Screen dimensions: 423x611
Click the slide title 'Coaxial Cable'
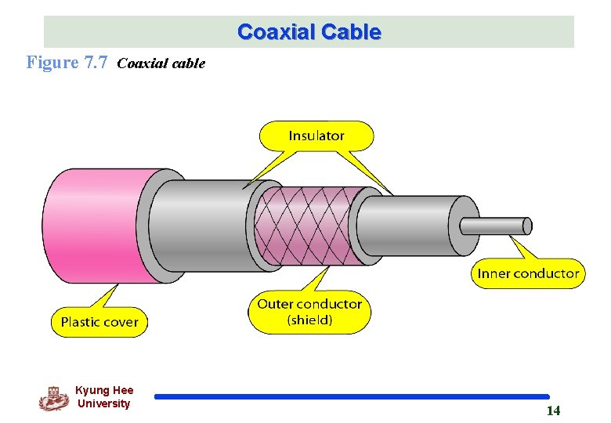[x=309, y=32]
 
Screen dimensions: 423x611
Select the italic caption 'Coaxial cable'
[x=161, y=63]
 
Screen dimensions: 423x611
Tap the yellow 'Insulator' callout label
[x=316, y=136]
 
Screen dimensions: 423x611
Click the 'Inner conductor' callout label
[x=528, y=273]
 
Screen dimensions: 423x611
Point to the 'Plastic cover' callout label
[x=99, y=321]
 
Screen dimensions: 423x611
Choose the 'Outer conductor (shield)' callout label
[x=309, y=311]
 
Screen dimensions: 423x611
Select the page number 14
[x=553, y=411]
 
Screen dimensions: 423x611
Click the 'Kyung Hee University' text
[x=104, y=397]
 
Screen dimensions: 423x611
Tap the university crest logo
[x=54, y=398]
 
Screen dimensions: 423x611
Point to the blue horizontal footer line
[x=352, y=397]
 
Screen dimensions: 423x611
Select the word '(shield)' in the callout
[x=309, y=320]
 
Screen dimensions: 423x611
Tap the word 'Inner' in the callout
[x=493, y=273]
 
